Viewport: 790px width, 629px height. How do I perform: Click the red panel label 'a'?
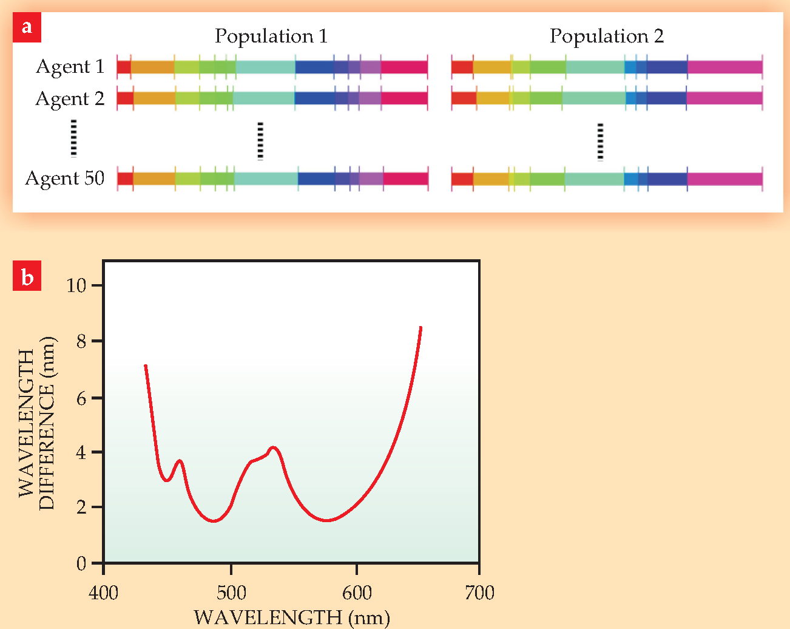click(27, 28)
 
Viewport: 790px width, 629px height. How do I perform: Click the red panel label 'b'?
click(27, 277)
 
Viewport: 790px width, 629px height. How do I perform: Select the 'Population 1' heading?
click(271, 36)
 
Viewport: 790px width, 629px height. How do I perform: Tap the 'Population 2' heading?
click(607, 36)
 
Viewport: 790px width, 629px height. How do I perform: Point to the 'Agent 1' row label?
click(70, 66)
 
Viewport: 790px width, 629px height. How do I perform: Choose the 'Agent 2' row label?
click(70, 98)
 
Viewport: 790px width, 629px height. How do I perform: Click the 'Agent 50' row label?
click(65, 178)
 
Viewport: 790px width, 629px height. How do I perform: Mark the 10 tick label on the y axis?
click(76, 285)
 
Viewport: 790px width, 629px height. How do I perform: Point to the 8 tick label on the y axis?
click(81, 341)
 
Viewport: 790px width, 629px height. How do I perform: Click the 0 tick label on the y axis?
click(81, 563)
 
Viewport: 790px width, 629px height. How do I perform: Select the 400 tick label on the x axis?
click(104, 593)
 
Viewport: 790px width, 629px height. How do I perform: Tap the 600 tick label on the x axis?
click(357, 593)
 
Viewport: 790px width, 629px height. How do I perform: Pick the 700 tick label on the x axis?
click(479, 593)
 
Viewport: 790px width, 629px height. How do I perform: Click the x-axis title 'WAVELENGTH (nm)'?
click(292, 617)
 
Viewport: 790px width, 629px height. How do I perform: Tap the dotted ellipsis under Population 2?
click(601, 141)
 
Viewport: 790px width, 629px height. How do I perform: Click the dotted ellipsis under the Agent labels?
click(73, 138)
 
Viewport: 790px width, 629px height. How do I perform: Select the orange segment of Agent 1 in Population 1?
click(152, 67)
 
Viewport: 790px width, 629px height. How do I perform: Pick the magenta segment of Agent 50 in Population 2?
click(724, 179)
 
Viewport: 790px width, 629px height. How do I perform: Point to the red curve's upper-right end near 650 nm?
click(420, 328)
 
